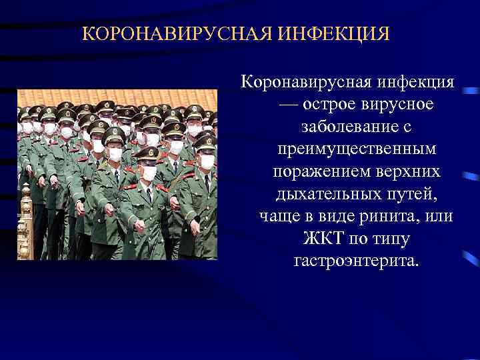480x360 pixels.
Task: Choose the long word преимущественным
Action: pos(357,149)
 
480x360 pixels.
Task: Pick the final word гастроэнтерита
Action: pos(357,260)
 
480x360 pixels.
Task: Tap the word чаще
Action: pos(279,216)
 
